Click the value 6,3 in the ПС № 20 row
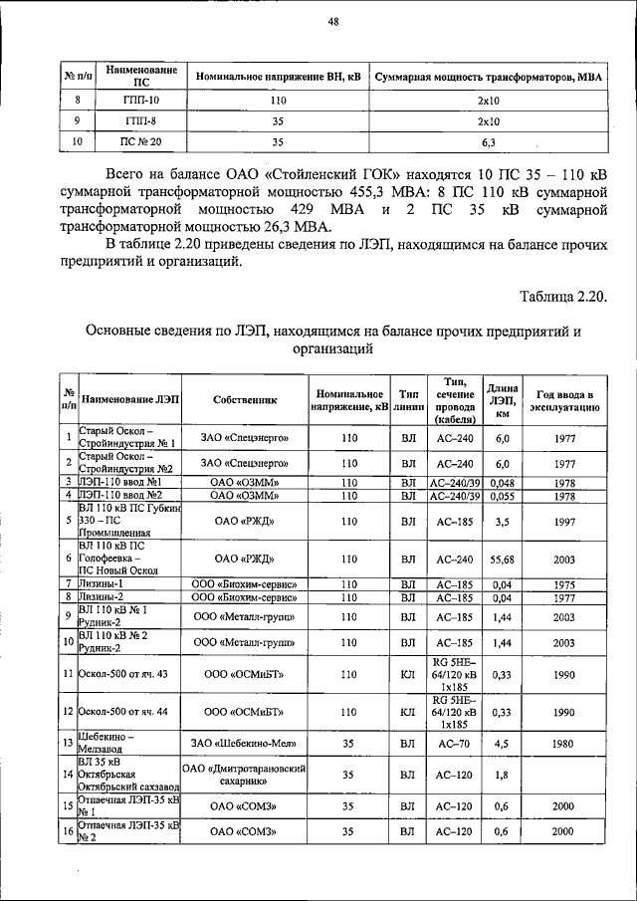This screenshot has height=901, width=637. [x=488, y=142]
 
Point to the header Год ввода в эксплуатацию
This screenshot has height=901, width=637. [x=564, y=399]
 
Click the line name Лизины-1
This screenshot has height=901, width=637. [x=103, y=583]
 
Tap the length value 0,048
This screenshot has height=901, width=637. [x=502, y=482]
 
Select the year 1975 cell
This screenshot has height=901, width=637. [x=564, y=583]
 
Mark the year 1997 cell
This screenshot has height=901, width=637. [x=564, y=520]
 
